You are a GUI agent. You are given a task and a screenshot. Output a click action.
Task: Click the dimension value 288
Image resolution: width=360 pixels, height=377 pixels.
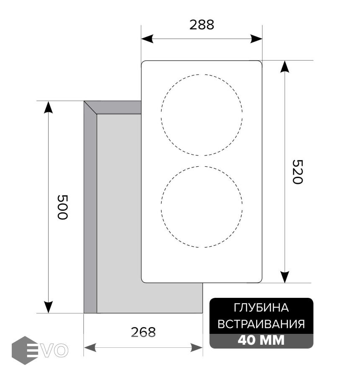202,25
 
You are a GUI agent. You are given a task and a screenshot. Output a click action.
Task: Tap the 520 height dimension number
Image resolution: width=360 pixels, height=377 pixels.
297,172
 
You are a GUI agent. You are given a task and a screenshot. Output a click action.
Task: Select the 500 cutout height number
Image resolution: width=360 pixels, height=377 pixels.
62,207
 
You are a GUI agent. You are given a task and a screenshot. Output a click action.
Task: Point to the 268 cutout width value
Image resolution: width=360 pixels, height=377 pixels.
143,332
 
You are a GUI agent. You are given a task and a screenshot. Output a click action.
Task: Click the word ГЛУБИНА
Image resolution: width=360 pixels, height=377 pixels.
261,308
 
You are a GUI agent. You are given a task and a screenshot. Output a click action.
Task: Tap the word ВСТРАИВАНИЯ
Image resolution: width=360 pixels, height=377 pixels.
261,324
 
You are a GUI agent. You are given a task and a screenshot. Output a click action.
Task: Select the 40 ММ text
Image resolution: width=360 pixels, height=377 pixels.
261,340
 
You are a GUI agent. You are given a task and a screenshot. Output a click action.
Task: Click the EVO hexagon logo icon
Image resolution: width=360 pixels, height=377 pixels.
25,350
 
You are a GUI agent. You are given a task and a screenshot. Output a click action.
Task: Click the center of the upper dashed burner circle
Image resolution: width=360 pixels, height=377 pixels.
202,115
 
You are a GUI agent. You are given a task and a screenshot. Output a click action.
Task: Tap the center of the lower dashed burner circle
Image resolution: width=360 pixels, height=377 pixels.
202,207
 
